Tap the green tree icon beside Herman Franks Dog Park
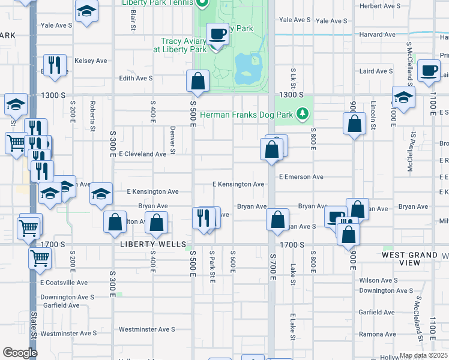click(304, 113)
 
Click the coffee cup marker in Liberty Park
click(217, 34)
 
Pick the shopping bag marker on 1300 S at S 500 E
click(197, 80)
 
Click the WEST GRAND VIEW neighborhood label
click(409, 259)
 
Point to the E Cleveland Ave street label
click(142, 154)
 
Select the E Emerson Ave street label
click(301, 177)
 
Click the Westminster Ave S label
click(146, 329)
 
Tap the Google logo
click(20, 353)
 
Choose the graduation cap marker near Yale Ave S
click(87, 11)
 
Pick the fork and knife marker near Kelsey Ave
click(55, 64)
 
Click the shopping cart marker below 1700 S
click(40, 258)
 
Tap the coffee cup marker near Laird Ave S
click(429, 70)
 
